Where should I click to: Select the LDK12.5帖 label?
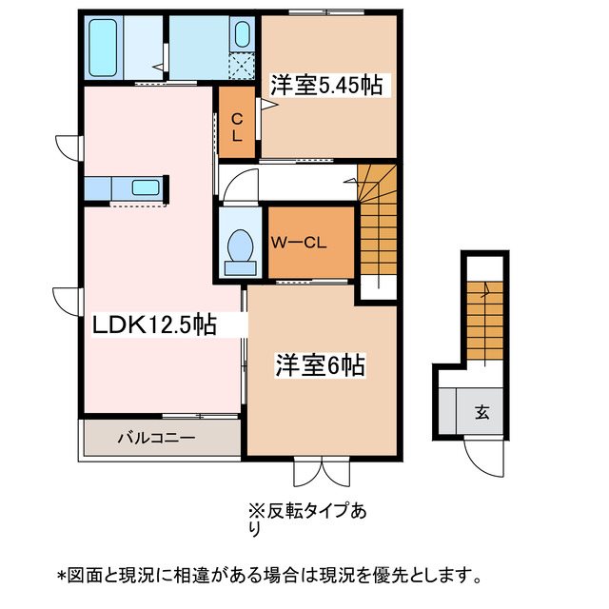click(154, 325)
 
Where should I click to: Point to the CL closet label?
click(238, 127)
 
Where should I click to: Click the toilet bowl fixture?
click(238, 246)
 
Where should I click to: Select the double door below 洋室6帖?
click(323, 470)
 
